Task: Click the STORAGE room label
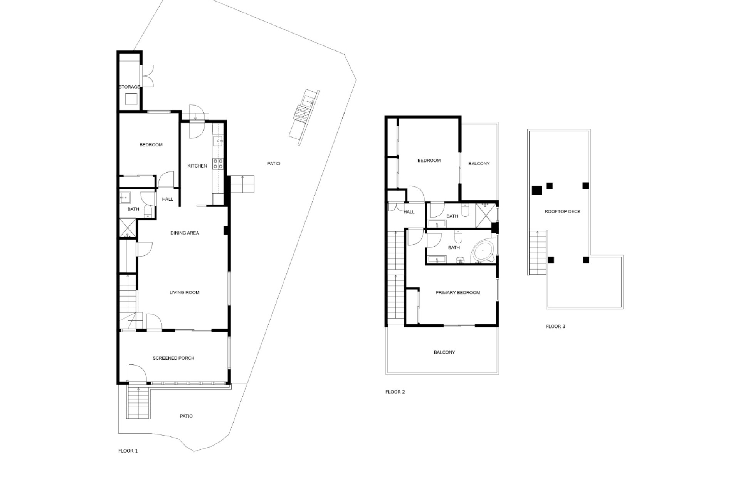click(x=129, y=87)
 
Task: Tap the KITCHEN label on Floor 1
click(x=197, y=166)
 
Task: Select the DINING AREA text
click(x=185, y=233)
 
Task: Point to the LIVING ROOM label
click(x=184, y=293)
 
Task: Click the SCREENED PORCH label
click(x=173, y=358)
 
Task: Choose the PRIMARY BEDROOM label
click(x=458, y=293)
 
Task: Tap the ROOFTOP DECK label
click(x=562, y=211)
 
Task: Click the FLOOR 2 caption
click(x=395, y=392)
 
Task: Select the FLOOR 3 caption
click(x=555, y=327)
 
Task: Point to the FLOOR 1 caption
click(x=128, y=451)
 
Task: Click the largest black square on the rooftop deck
click(x=537, y=190)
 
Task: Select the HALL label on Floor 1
click(x=168, y=200)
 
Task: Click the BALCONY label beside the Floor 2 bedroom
click(x=479, y=164)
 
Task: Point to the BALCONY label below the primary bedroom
click(x=444, y=352)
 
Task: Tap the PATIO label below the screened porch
click(x=186, y=416)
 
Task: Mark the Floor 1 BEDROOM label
click(x=151, y=145)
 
